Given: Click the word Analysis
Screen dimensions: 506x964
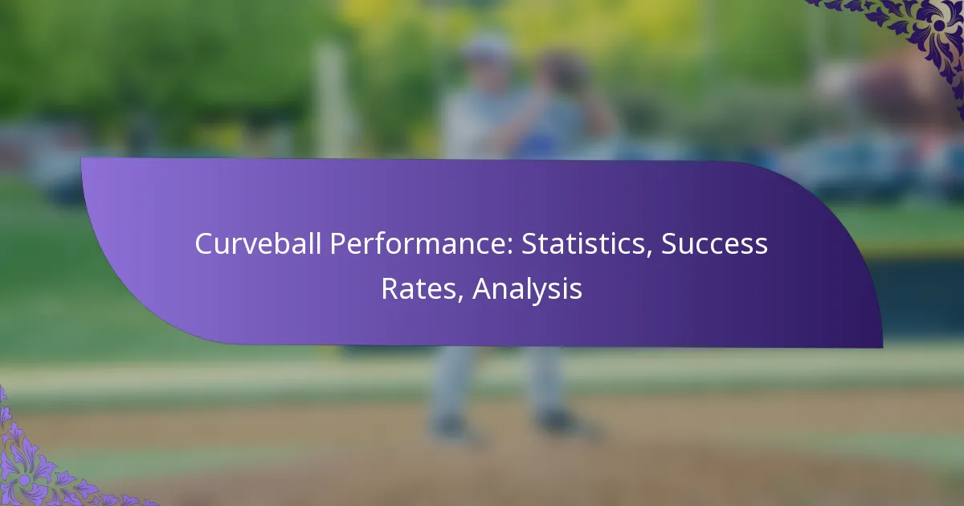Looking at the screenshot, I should pyautogui.click(x=527, y=289).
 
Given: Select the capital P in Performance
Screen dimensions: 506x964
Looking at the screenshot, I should pyautogui.click(x=337, y=244).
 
